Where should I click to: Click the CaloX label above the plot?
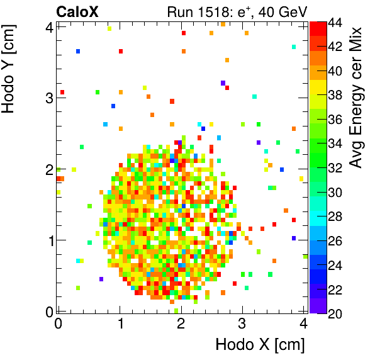(x=77, y=11)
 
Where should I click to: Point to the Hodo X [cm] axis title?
(x=260, y=345)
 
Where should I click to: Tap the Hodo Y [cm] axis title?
(x=11, y=71)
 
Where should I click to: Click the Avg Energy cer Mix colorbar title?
(x=356, y=98)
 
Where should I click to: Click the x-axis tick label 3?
(x=242, y=324)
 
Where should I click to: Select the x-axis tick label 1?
(x=120, y=324)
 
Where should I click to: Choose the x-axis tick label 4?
(x=303, y=324)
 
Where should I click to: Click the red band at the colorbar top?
(x=318, y=28)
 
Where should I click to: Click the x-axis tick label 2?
(x=181, y=324)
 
